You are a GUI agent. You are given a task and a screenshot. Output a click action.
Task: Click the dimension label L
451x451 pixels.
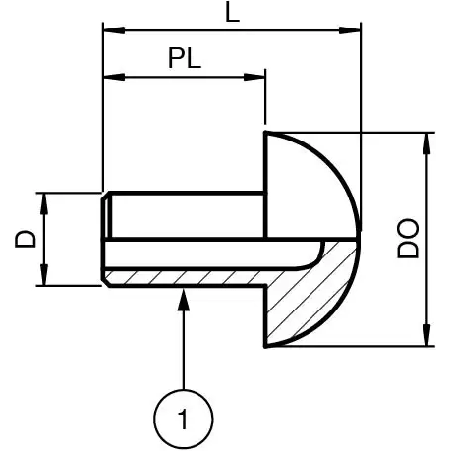coord(231,13)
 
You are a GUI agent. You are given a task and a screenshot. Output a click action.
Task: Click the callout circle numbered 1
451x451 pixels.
coord(184,420)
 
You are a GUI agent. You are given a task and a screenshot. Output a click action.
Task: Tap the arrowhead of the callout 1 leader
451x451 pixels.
coord(184,296)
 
